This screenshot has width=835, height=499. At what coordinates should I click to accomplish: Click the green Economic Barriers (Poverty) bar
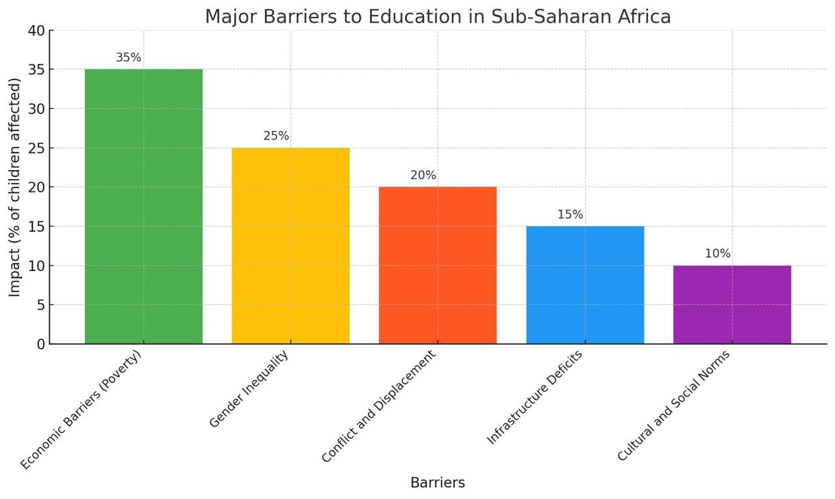[144, 206]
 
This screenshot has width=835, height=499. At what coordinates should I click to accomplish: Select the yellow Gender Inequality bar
[290, 246]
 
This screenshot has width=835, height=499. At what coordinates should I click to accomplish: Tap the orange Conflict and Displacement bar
[437, 265]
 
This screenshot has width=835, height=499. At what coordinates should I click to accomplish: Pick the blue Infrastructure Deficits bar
[584, 285]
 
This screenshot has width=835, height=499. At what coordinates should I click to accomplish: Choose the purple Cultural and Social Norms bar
[732, 304]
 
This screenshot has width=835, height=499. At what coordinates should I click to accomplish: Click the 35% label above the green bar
[129, 57]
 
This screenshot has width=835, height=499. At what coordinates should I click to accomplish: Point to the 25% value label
[276, 136]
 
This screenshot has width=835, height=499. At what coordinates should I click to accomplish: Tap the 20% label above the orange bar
[423, 175]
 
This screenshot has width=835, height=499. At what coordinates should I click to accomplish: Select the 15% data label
[570, 214]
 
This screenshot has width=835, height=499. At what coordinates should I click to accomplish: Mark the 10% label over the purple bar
[718, 253]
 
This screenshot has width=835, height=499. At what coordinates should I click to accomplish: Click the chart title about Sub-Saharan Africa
[438, 16]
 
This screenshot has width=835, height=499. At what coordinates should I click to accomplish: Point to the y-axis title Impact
[15, 187]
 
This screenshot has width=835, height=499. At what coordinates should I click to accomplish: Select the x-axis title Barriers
[438, 483]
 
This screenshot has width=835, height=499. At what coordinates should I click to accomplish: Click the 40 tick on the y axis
[37, 31]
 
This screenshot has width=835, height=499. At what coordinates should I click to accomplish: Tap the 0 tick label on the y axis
[41, 344]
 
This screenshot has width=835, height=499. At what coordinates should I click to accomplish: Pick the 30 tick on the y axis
[37, 109]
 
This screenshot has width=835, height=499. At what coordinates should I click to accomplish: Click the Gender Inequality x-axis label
[249, 389]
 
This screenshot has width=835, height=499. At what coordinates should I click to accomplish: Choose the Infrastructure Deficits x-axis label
[535, 397]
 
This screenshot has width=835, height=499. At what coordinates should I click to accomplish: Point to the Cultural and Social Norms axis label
[673, 406]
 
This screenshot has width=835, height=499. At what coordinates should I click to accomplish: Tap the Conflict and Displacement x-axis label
[378, 406]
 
